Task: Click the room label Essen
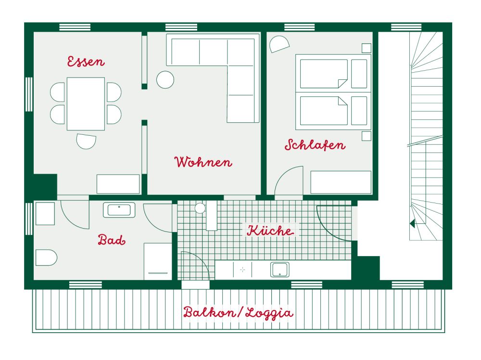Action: coord(86,62)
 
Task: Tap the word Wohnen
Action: coord(203,162)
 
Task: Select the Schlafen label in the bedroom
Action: coord(315,145)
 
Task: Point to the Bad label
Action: coord(112,240)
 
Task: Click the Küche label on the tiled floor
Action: coord(270,231)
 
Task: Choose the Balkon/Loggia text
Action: coord(238,313)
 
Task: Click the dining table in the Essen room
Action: coord(86,103)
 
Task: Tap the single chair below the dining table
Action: coord(86,141)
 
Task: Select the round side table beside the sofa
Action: coord(165,79)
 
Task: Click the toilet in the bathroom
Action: coord(46,257)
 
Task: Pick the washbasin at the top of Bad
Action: coord(119,210)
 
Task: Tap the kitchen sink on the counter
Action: coord(279,270)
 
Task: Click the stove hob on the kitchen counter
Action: coord(243,270)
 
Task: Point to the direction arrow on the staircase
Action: coord(412,223)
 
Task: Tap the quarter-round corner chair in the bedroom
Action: coord(278,44)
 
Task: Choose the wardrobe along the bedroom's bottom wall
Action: coord(341,182)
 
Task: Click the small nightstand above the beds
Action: coord(367,48)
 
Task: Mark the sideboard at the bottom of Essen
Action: coord(118,184)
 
